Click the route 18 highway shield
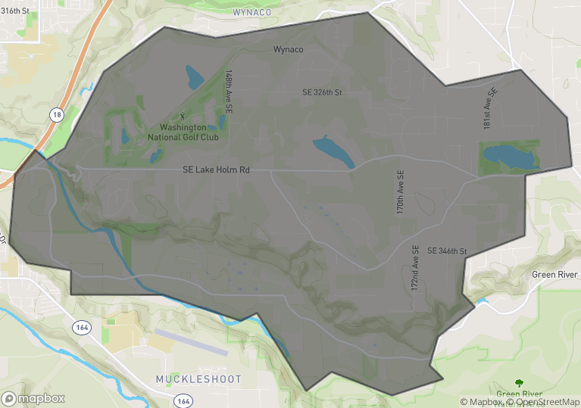coord(57,114)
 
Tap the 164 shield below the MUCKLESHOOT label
coord(181,399)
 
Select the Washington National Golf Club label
coord(183,132)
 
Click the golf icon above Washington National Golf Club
coord(181,117)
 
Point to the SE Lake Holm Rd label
coord(216,170)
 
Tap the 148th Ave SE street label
coord(229,92)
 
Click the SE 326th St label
coord(322,92)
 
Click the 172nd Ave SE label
coord(415,269)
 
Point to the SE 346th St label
coord(447,251)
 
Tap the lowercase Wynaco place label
coord(288,49)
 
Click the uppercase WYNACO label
coord(251,13)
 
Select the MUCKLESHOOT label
coord(198,378)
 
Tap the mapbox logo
coord(33,398)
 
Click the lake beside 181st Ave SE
coord(511,157)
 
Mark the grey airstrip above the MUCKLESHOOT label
coord(190,341)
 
